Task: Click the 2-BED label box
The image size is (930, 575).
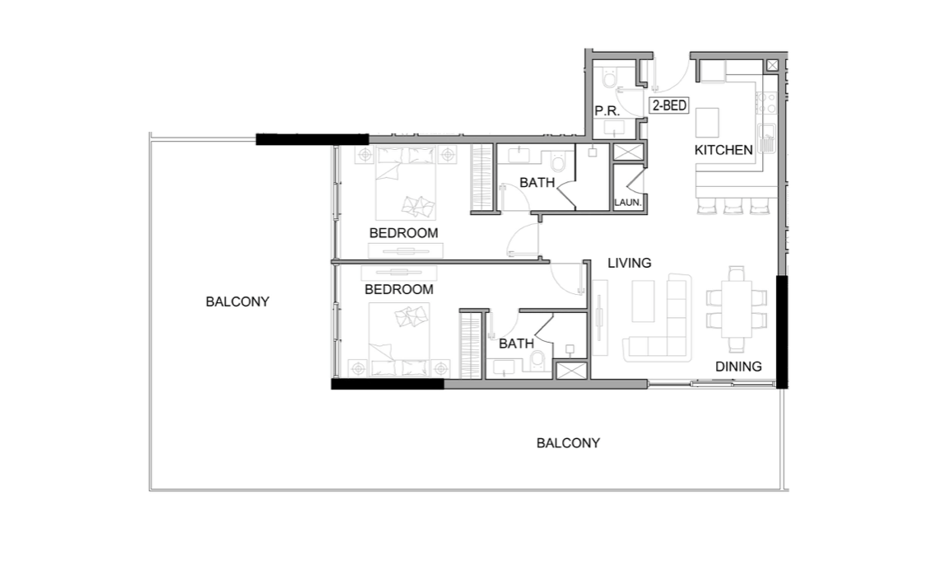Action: (669, 105)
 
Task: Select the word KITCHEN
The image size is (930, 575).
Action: (723, 150)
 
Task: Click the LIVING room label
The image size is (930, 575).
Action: (630, 263)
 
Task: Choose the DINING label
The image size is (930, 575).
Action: (737, 367)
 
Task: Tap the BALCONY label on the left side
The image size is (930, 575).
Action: (237, 302)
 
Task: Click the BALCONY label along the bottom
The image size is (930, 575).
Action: (568, 442)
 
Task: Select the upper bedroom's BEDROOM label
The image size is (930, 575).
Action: (403, 233)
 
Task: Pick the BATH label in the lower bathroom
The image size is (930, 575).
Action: (516, 344)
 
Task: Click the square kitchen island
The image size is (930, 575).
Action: (708, 124)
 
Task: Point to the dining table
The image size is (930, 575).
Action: (737, 309)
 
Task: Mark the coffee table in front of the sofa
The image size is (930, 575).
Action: (644, 301)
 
